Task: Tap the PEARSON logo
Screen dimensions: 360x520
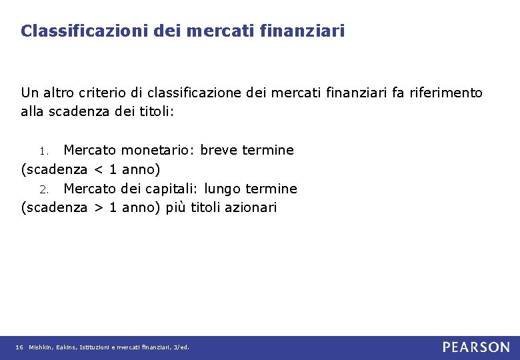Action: [x=476, y=347]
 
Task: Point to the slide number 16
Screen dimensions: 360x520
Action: [x=19, y=347]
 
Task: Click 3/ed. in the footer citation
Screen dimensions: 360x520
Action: [x=181, y=347]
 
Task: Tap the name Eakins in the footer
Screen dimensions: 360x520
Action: [x=66, y=347]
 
